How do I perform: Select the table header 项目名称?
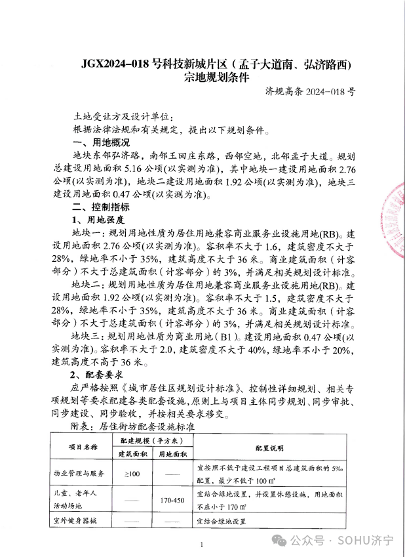coord(83,447)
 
